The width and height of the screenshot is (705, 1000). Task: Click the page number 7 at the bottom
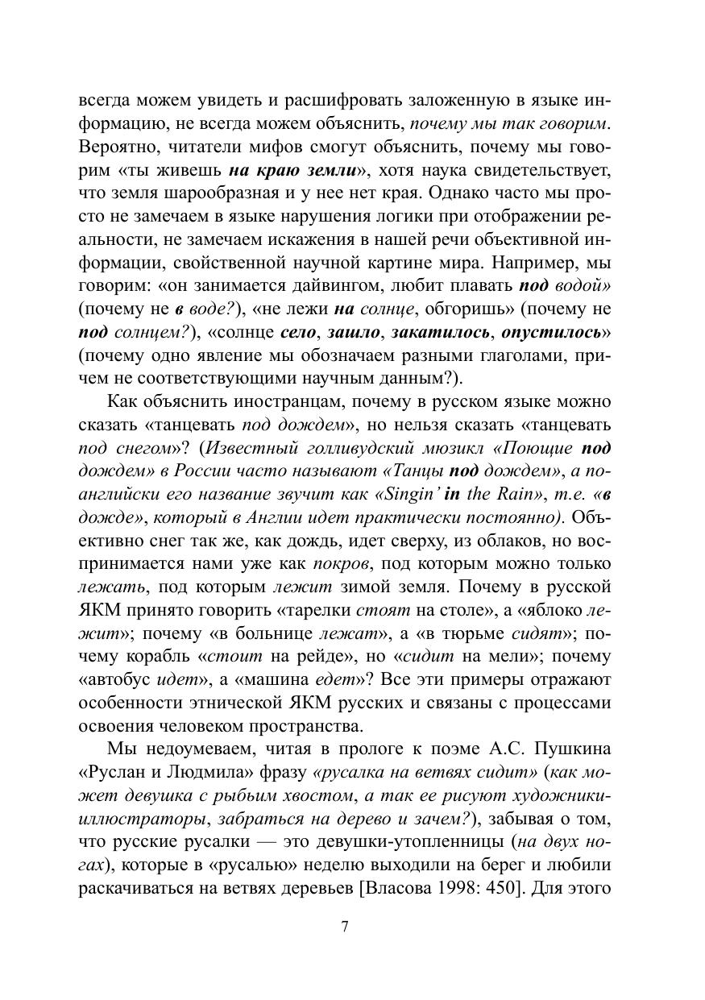(345, 926)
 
